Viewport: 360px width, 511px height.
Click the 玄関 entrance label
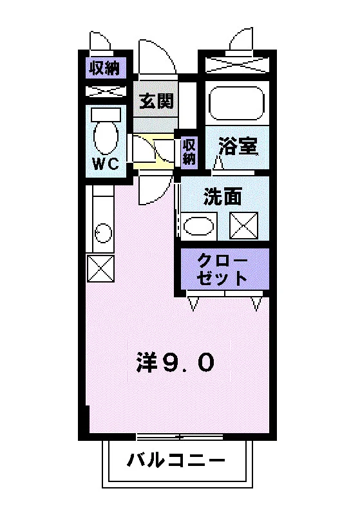point(156,100)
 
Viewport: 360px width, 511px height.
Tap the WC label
point(106,163)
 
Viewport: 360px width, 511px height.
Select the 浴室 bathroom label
point(238,146)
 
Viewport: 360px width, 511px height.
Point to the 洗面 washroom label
point(223,196)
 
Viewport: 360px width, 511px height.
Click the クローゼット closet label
point(222,269)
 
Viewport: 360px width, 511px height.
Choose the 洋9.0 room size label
point(175,363)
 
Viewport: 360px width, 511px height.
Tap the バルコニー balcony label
point(176,460)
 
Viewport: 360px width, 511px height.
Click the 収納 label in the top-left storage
point(105,68)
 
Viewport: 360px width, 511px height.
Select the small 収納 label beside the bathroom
point(189,152)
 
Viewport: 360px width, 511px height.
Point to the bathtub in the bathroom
point(236,103)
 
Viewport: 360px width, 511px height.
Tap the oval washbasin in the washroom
point(199,226)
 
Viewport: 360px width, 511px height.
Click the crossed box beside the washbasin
point(244,225)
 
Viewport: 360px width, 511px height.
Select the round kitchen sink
point(103,233)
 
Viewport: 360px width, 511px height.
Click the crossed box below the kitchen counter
point(100,268)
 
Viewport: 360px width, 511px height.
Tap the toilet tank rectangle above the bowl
point(106,115)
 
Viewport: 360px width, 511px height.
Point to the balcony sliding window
point(179,437)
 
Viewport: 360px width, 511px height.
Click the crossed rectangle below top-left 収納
point(106,91)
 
